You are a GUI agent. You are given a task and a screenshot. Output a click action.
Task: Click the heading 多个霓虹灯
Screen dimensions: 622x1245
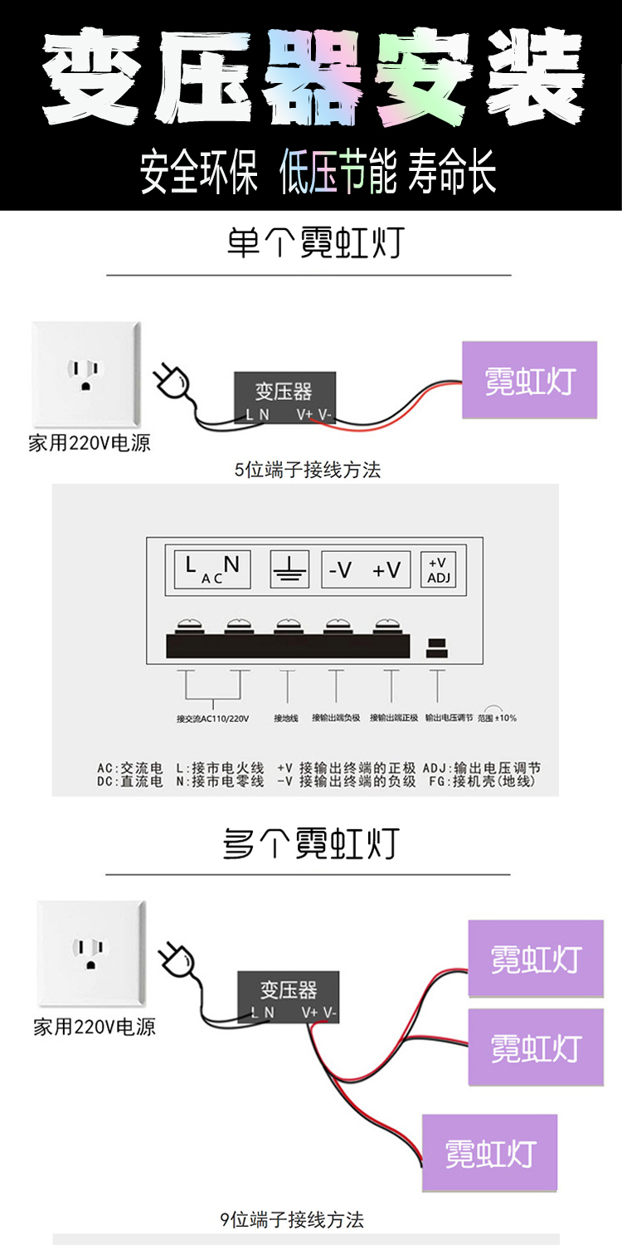pyautogui.click(x=311, y=844)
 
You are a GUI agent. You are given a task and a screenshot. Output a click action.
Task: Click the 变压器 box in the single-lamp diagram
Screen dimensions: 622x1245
pyautogui.click(x=284, y=397)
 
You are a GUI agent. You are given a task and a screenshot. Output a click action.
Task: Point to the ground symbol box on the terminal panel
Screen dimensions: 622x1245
pyautogui.click(x=290, y=569)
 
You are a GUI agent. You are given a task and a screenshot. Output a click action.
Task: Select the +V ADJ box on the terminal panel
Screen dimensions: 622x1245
pyautogui.click(x=439, y=569)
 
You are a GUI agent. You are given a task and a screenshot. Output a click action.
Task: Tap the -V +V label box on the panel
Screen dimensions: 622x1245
pyautogui.click(x=365, y=569)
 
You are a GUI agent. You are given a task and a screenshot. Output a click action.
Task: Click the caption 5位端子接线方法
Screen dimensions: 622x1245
pyautogui.click(x=308, y=470)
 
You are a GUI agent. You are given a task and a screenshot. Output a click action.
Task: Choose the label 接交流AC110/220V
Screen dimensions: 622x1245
pyautogui.click(x=212, y=718)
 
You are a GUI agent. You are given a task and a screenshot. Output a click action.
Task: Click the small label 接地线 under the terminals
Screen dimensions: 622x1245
pyautogui.click(x=286, y=718)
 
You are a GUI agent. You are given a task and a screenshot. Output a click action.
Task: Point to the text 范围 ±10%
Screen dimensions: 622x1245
pyautogui.click(x=498, y=718)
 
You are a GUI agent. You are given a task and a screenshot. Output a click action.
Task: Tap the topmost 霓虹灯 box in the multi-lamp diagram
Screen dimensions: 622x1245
pyautogui.click(x=536, y=959)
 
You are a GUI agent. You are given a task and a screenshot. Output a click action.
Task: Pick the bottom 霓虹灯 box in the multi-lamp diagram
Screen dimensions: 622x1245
pyautogui.click(x=490, y=1154)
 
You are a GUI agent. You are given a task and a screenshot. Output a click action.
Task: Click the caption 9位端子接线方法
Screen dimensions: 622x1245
pyautogui.click(x=292, y=1219)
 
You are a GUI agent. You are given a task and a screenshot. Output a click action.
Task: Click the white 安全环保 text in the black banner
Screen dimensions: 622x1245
pyautogui.click(x=199, y=172)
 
